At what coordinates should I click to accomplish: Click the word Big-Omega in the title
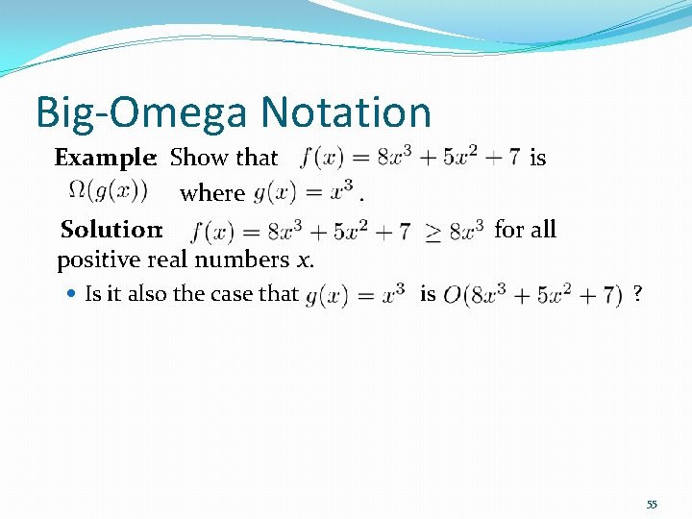pyautogui.click(x=136, y=113)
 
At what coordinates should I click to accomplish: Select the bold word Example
pyautogui.click(x=105, y=158)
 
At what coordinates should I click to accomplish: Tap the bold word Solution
pyautogui.click(x=110, y=230)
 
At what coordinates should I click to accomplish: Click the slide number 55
pyautogui.click(x=652, y=505)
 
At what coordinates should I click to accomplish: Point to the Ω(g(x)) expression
pyautogui.click(x=117, y=190)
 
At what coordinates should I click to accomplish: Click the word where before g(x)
pyautogui.click(x=212, y=193)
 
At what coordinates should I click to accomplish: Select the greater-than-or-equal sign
pyautogui.click(x=433, y=232)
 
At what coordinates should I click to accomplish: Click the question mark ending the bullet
pyautogui.click(x=637, y=294)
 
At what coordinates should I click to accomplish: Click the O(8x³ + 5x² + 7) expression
pyautogui.click(x=532, y=295)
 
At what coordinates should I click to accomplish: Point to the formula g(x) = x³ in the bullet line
pyautogui.click(x=355, y=295)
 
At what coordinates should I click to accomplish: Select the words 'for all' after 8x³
pyautogui.click(x=525, y=229)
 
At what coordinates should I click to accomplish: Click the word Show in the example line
pyautogui.click(x=195, y=158)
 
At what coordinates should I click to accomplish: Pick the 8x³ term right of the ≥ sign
pyautogui.click(x=466, y=231)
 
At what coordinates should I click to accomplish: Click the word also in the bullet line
pyautogui.click(x=145, y=294)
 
